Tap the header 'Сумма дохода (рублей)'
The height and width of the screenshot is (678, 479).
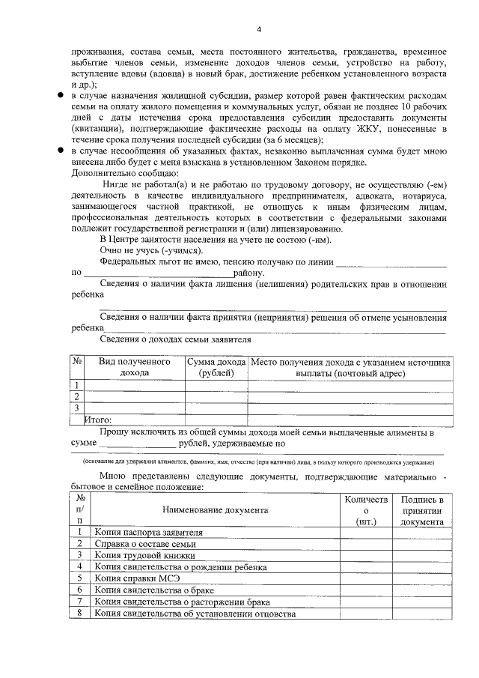coord(216,367)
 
